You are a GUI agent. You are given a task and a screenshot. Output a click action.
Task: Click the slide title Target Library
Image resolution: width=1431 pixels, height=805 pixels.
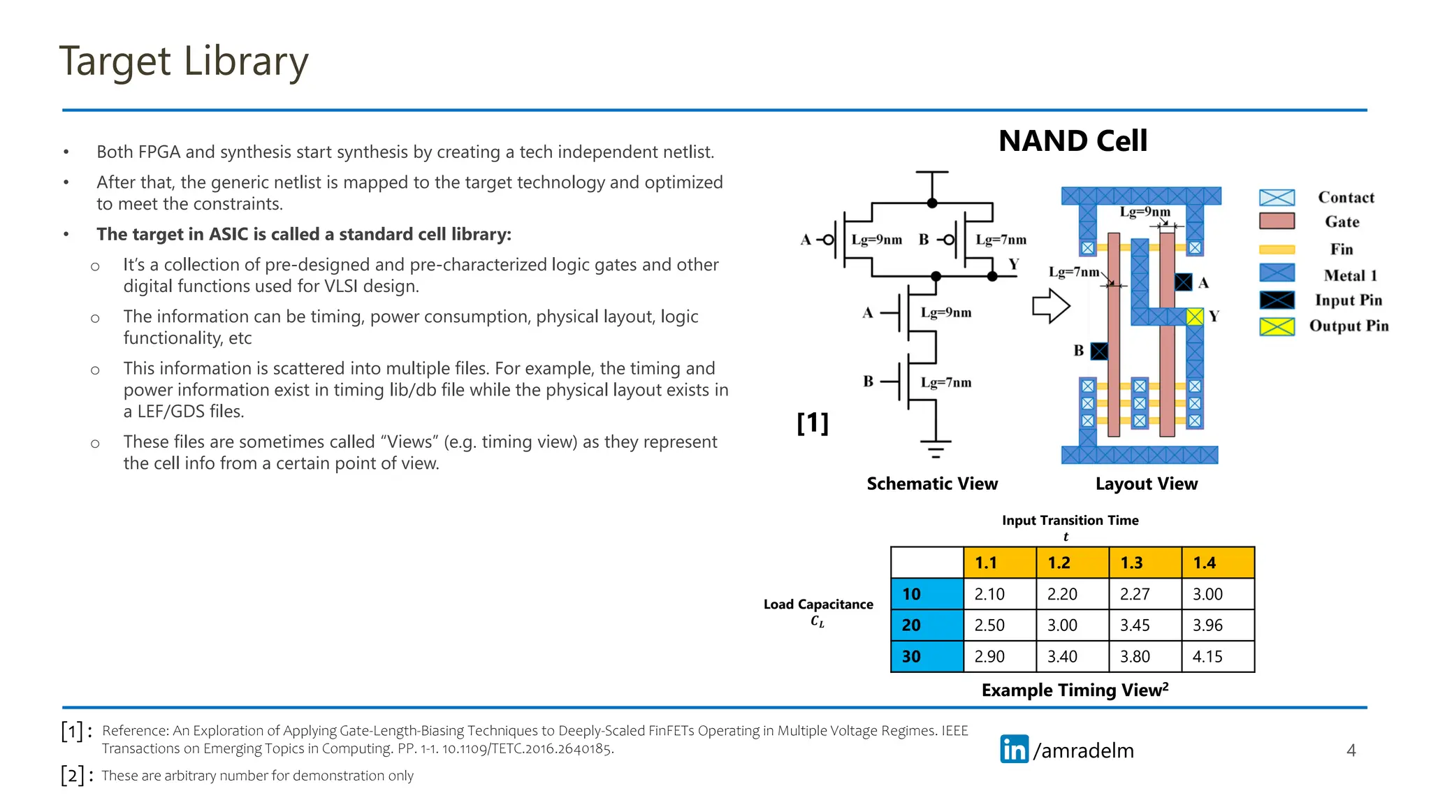tap(183, 61)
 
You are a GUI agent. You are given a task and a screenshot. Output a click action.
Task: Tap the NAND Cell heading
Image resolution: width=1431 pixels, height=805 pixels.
tap(1073, 140)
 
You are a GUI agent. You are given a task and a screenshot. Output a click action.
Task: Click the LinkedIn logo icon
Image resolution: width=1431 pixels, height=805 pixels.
tap(1014, 749)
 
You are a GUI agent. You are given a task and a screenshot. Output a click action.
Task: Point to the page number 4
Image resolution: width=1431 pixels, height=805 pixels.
tap(1351, 750)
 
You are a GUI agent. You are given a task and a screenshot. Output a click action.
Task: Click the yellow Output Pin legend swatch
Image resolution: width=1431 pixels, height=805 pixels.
tap(1277, 326)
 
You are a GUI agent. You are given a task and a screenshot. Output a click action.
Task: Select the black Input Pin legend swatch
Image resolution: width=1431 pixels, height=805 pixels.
tap(1277, 300)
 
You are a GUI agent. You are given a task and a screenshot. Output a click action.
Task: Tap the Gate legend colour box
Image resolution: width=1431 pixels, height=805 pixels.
tap(1277, 222)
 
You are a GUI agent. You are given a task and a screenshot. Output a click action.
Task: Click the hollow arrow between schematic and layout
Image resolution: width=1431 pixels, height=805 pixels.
tap(1051, 306)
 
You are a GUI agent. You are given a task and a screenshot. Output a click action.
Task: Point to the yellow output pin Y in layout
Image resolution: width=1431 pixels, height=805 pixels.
tap(1195, 317)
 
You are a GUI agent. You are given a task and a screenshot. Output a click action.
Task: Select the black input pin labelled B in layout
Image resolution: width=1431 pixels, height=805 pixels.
tap(1099, 351)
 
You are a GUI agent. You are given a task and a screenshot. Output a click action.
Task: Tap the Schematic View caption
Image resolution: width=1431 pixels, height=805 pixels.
tap(932, 484)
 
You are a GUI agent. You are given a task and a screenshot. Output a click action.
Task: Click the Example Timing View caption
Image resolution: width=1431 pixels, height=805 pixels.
tap(1074, 690)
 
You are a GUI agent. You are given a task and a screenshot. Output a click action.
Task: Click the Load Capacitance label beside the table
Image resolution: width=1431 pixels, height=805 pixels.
tap(818, 604)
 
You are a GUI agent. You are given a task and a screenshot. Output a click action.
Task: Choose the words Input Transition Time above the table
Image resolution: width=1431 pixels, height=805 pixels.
tap(1070, 520)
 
